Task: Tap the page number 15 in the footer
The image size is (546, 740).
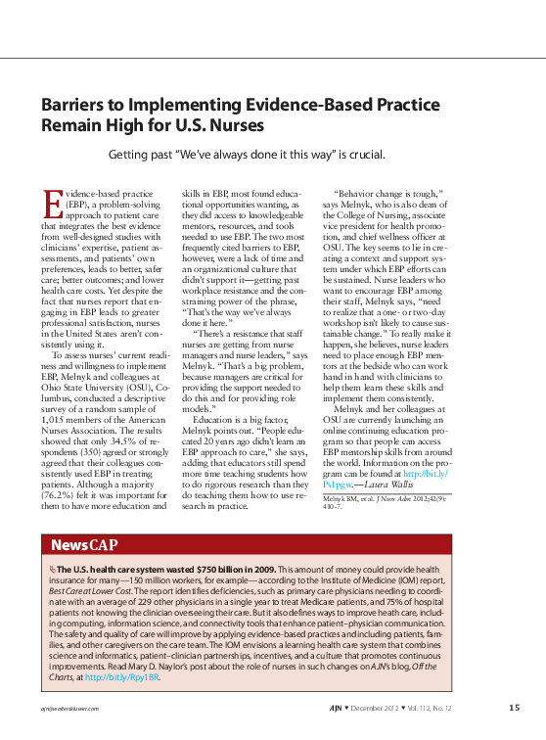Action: pyautogui.click(x=514, y=708)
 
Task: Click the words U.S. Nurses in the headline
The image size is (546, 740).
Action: pyautogui.click(x=219, y=126)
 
